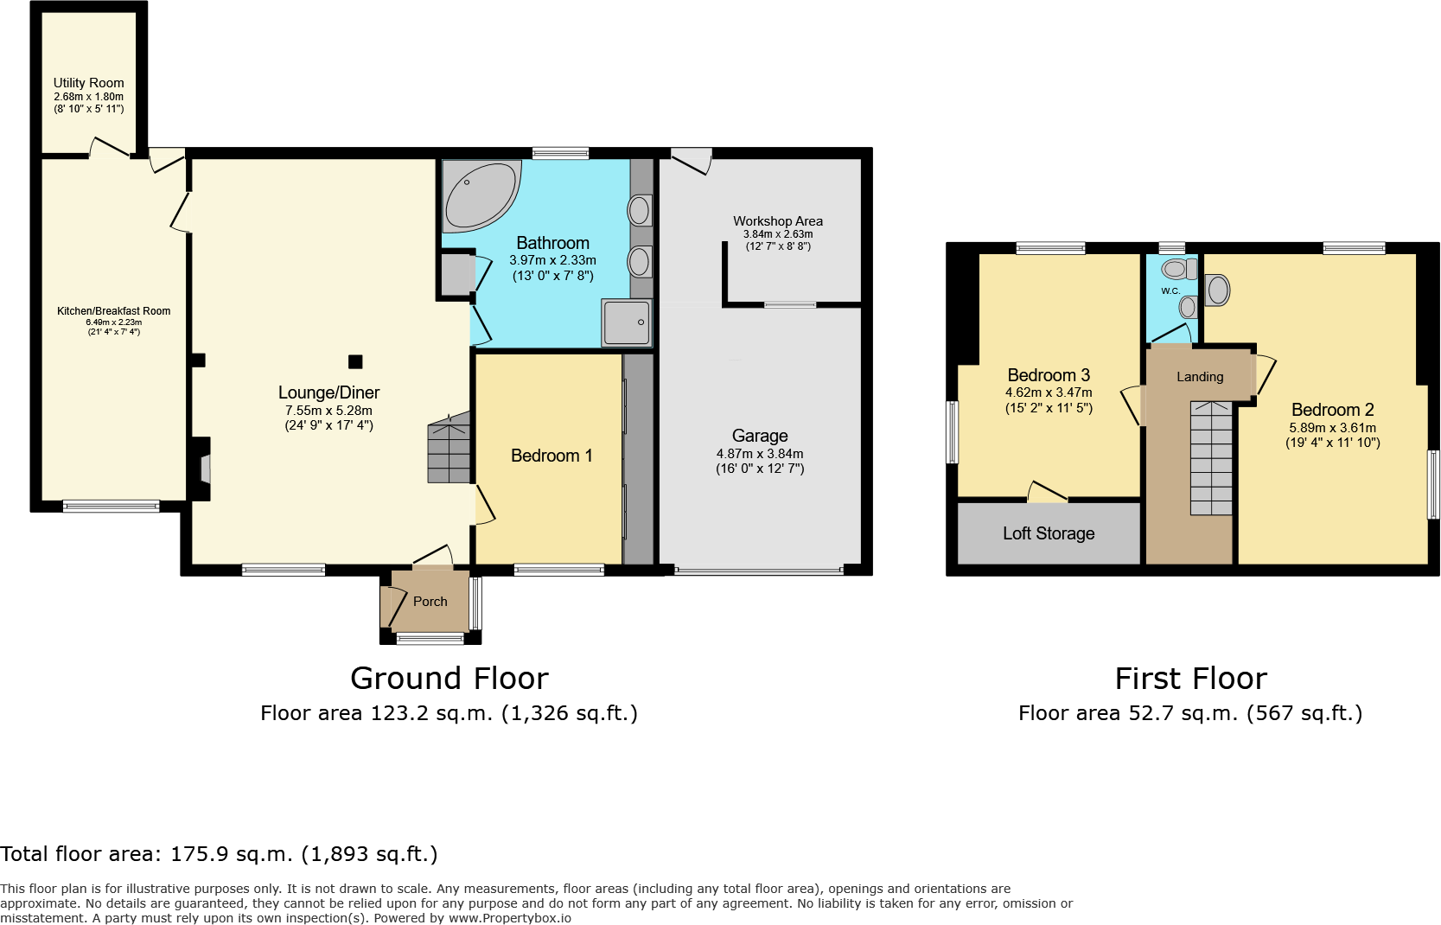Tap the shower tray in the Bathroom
coord(627,322)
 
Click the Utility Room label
coord(89,83)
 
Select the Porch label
coord(430,602)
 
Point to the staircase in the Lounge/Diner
coord(450,450)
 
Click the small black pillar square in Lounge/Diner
coord(355,362)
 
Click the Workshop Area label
coord(778,221)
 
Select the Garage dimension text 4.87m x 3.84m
coord(760,454)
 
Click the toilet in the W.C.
coord(1176,269)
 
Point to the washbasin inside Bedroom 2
coord(1218,290)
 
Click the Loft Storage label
coord(1049,534)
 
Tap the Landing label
coord(1200,377)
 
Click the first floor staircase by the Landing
coord(1211,458)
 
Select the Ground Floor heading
coord(450,679)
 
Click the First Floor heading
coord(1190,679)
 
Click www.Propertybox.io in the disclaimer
coord(509,918)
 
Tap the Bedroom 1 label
coord(552,456)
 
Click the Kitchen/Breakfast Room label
coord(114,311)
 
